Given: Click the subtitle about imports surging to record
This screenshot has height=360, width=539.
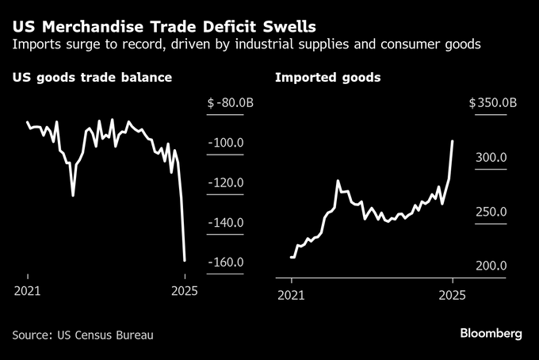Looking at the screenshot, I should (x=247, y=44).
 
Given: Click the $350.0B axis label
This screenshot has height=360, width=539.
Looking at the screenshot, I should (x=492, y=102).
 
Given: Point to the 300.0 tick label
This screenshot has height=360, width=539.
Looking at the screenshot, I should (x=491, y=158).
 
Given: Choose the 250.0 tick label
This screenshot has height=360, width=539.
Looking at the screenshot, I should (x=491, y=212).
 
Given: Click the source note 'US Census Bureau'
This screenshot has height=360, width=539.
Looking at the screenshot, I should (x=82, y=335).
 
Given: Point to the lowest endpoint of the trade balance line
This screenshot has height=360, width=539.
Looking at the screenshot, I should (x=185, y=259).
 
